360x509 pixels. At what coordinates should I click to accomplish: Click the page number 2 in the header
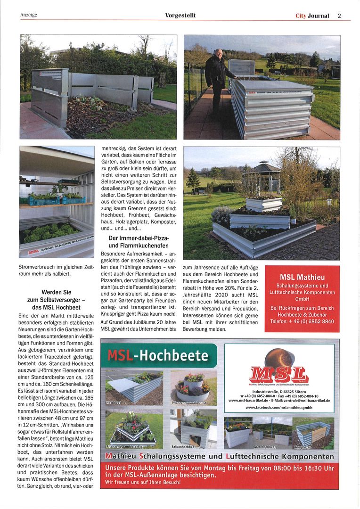tap(339, 16)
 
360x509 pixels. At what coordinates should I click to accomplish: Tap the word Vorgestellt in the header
tap(180, 16)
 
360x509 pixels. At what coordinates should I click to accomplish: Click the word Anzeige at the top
tap(29, 15)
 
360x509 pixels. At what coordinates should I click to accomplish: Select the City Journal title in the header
tap(312, 16)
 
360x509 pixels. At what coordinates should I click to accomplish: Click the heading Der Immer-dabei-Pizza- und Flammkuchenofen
tap(139, 242)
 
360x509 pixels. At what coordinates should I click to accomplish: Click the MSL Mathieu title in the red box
tap(302, 277)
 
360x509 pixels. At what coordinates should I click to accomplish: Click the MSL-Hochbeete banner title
tap(157, 355)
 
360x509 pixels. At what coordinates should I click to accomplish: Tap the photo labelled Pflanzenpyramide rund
tap(194, 387)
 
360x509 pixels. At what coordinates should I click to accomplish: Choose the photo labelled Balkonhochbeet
tap(194, 428)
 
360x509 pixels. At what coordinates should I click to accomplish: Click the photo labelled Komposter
tap(314, 432)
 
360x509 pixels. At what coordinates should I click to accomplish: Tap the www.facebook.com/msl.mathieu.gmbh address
tap(279, 407)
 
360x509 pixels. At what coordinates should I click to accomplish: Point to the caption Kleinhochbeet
tap(265, 445)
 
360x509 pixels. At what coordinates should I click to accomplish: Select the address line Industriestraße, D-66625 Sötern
tap(279, 391)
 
